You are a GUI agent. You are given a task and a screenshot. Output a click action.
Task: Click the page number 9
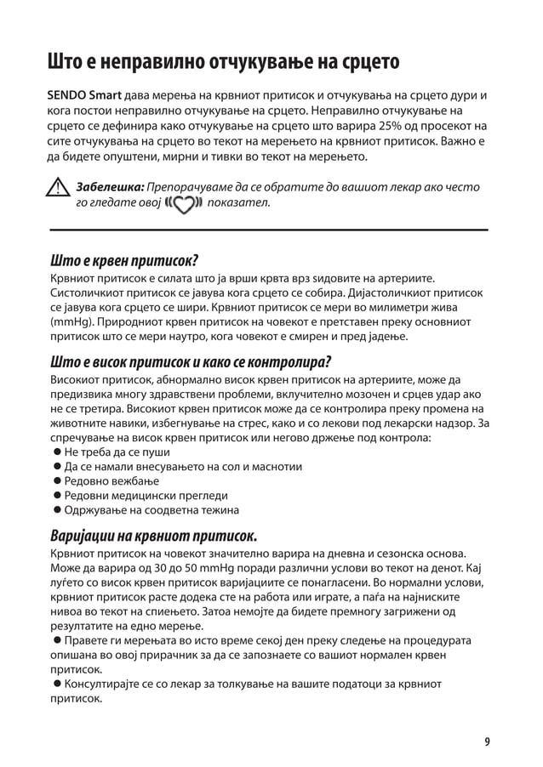tap(487, 741)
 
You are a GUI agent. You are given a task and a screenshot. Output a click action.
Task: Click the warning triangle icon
tap(58, 189)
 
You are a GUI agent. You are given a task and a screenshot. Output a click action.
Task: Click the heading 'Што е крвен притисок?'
tap(124, 259)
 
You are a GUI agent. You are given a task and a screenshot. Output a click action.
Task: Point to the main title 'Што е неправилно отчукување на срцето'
tap(223, 62)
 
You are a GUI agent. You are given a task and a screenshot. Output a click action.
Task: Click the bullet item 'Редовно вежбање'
tap(106, 481)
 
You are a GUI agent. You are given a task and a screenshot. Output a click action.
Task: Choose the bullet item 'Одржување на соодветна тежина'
tap(146, 510)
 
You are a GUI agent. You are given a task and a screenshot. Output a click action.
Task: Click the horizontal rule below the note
tap(269, 230)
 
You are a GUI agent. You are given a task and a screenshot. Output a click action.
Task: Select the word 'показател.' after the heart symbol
tap(239, 204)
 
